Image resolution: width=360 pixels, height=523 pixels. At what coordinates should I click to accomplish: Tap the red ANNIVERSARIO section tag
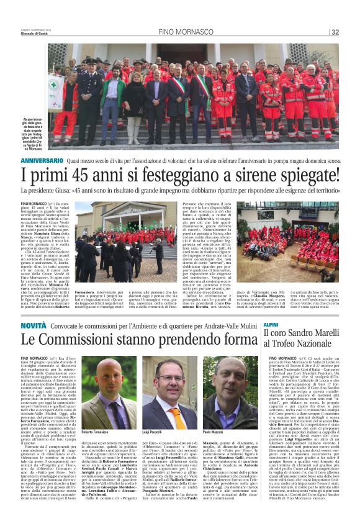click(41, 160)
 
